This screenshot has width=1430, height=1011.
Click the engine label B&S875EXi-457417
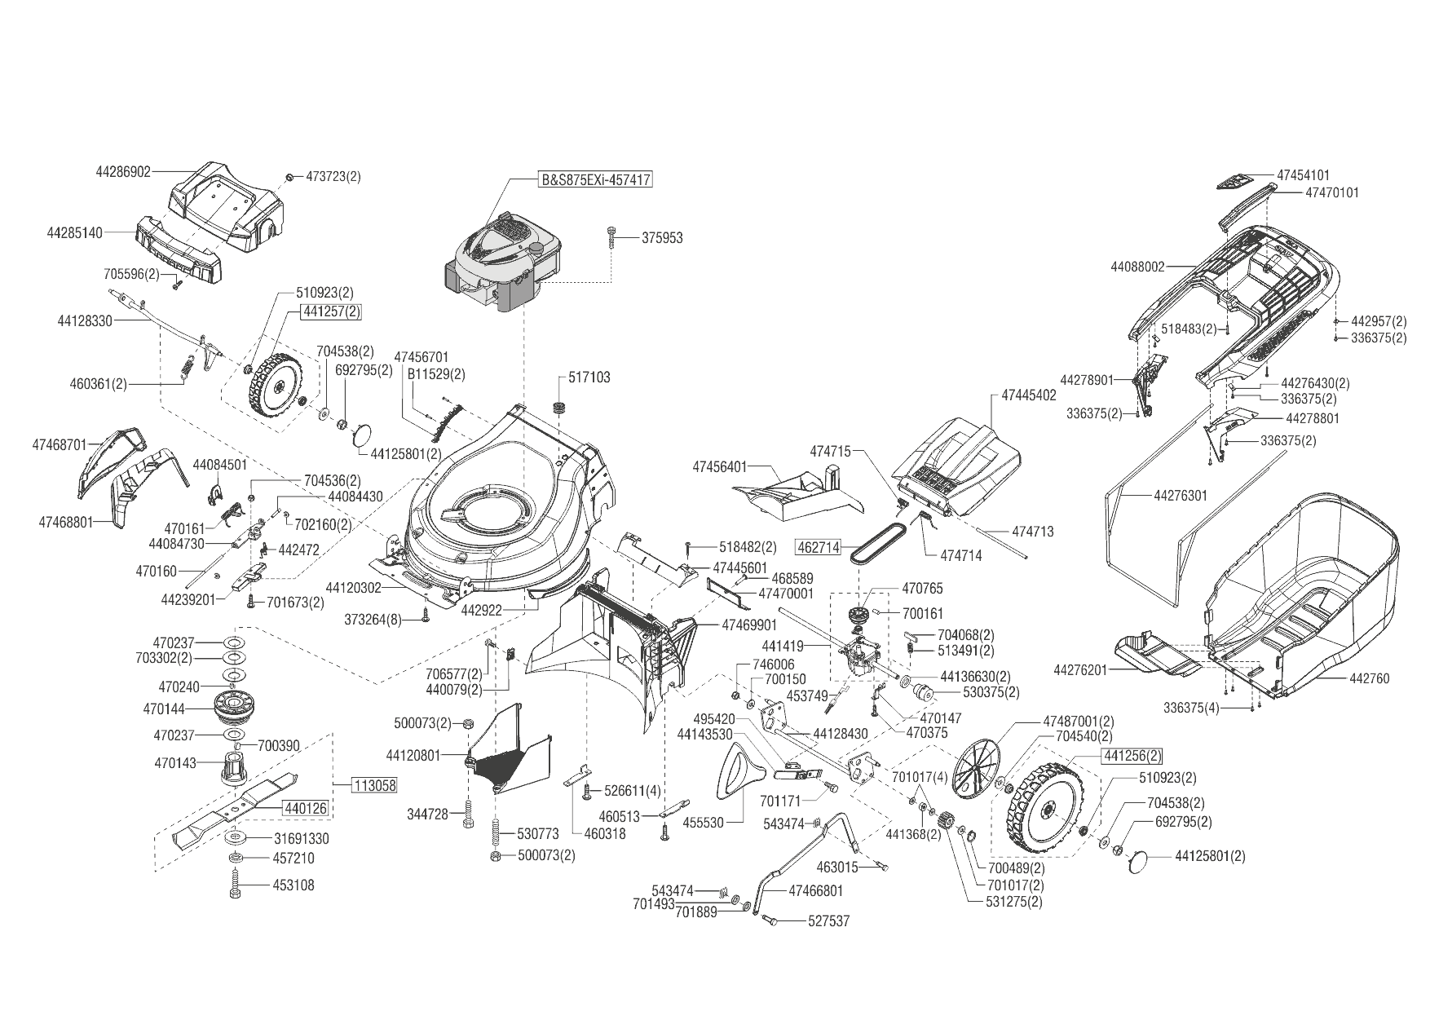coord(597,179)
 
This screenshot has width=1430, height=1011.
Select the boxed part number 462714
coord(818,547)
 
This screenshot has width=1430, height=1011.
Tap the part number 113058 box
coord(375,786)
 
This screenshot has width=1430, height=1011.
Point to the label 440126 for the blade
coord(306,809)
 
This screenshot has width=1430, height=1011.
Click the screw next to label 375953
coord(612,238)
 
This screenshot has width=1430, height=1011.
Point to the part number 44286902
coord(123,172)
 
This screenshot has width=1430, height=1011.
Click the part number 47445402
coord(1028,395)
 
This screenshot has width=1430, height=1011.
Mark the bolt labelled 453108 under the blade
coord(235,885)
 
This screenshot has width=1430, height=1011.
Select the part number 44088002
coord(1138,267)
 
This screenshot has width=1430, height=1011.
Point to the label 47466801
coord(816,891)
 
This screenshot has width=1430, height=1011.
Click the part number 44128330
coord(85,321)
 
